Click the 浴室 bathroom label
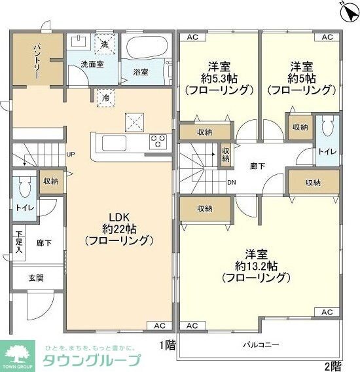pos(140,71)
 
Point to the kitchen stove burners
pos(158,141)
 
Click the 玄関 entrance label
pos(35,278)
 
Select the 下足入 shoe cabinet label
pos(20,242)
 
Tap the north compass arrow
pos(345,8)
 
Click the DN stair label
pos(232,182)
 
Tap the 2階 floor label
pos(333,365)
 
